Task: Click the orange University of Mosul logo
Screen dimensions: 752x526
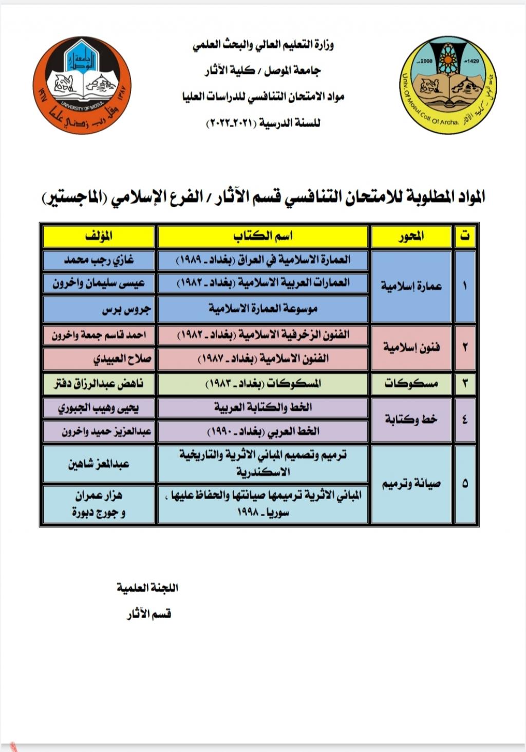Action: [82, 85]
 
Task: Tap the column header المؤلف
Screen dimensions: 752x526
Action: [99, 236]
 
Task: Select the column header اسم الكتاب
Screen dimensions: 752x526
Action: [262, 236]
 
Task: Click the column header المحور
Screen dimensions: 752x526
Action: [411, 236]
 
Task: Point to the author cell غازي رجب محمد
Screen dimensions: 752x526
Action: [99, 260]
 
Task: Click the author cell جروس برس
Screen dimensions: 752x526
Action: [99, 309]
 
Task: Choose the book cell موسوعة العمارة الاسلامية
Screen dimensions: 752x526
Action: [262, 309]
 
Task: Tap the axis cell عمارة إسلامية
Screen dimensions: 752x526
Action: [411, 286]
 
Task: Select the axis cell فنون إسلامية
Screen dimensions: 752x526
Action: [411, 348]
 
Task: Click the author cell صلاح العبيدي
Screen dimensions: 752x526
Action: [99, 359]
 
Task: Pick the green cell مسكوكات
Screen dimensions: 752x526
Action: [411, 383]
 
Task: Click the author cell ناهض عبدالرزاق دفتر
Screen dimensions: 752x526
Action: [99, 383]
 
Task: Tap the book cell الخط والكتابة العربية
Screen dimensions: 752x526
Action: [262, 408]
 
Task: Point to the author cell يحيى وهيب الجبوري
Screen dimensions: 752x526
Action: [99, 408]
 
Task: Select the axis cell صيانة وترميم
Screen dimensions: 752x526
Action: [411, 484]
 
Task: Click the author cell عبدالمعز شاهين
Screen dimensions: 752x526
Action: [99, 464]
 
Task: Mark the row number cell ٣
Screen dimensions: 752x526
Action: [465, 383]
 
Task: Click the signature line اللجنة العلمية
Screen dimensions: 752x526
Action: [147, 588]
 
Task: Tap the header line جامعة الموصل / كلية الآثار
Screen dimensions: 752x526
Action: [262, 71]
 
